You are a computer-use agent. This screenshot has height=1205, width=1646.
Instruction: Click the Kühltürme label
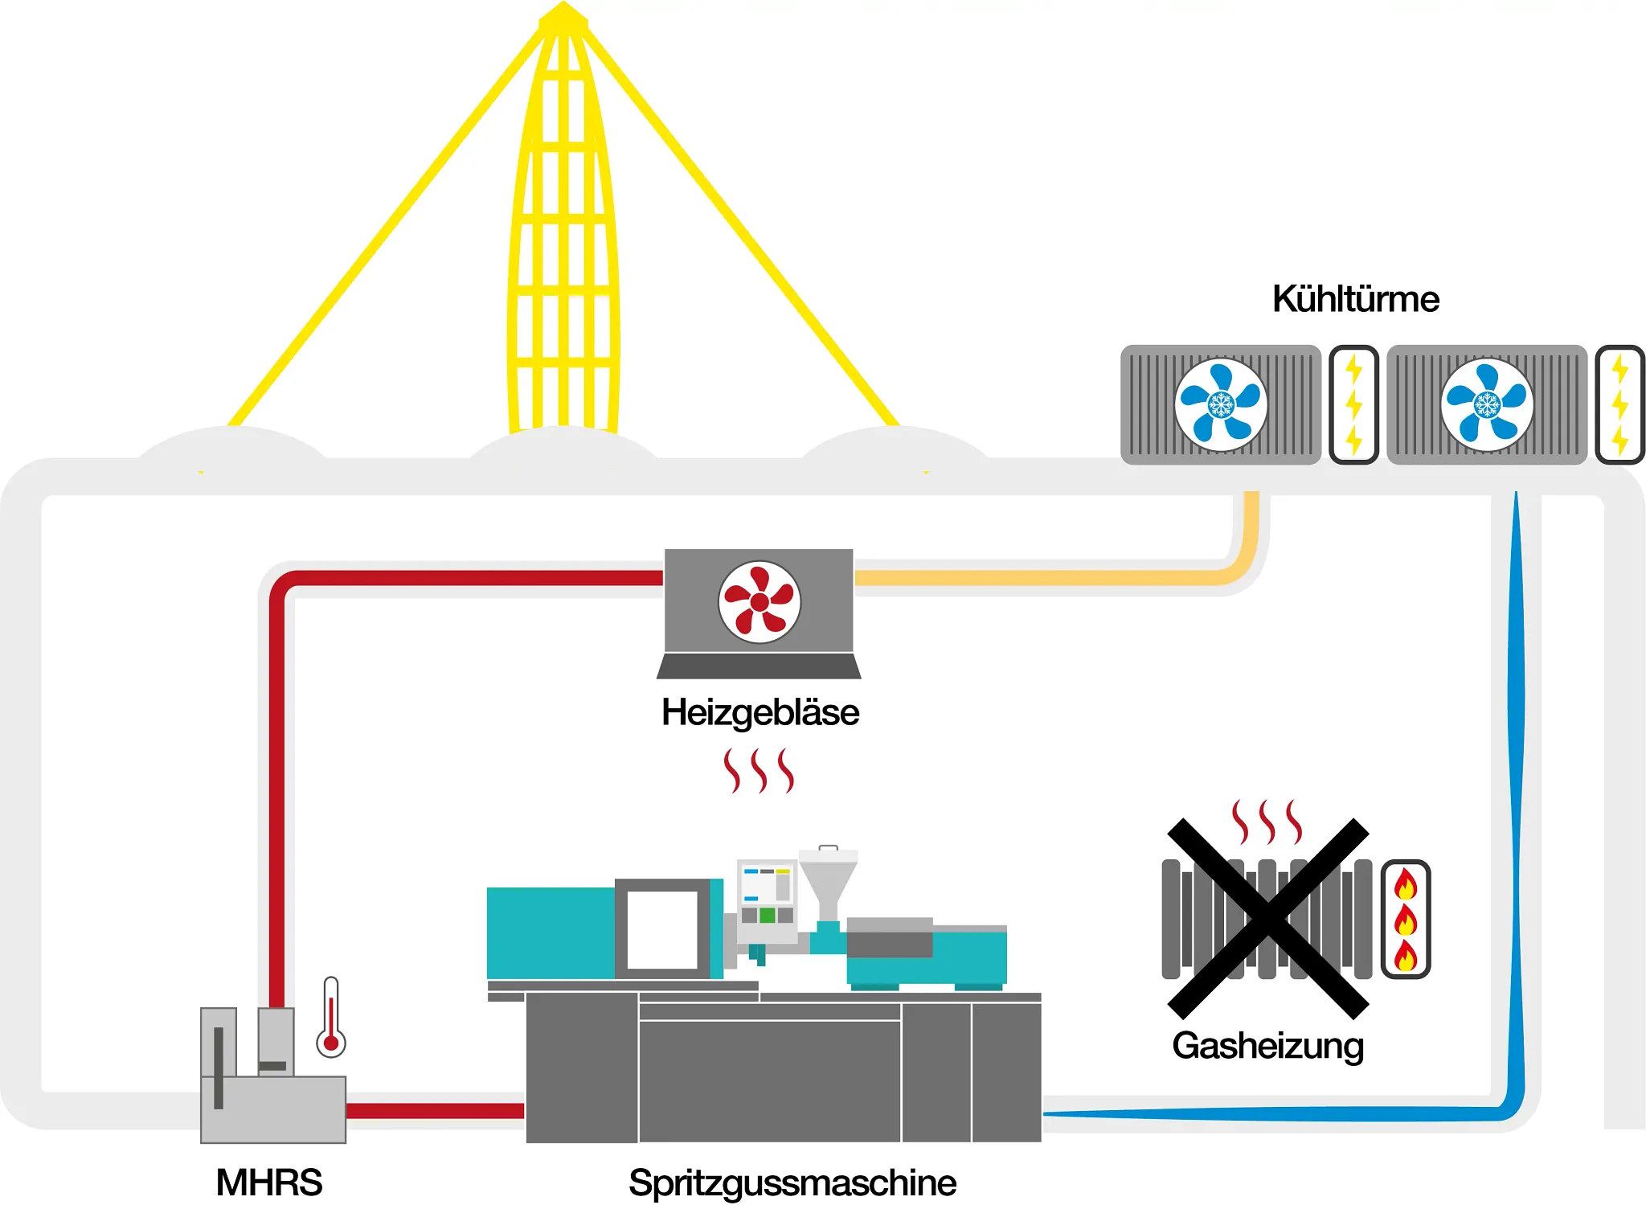pyautogui.click(x=1355, y=299)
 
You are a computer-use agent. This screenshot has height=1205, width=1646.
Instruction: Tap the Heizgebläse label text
pyautogui.click(x=760, y=712)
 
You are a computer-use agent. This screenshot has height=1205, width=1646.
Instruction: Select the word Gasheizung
pyautogui.click(x=1267, y=1046)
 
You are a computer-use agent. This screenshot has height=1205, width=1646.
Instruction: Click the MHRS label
pyautogui.click(x=268, y=1182)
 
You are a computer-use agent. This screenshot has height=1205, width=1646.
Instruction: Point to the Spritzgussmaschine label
pyautogui.click(x=792, y=1182)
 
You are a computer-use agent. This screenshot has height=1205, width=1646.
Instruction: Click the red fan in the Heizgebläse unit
pyautogui.click(x=759, y=601)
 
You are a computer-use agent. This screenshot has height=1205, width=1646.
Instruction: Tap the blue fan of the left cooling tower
pyautogui.click(x=1221, y=404)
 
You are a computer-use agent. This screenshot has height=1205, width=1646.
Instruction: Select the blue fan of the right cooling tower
pyautogui.click(x=1487, y=404)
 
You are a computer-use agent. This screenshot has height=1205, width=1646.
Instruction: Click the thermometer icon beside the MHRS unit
pyautogui.click(x=330, y=1018)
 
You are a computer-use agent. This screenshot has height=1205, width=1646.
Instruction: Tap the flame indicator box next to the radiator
pyautogui.click(x=1406, y=919)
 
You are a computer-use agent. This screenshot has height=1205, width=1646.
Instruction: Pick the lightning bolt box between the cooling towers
pyautogui.click(x=1354, y=404)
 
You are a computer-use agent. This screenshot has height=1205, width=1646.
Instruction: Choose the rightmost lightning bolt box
pyautogui.click(x=1619, y=404)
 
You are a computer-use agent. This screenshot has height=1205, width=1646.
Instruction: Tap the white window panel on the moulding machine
pyautogui.click(x=661, y=929)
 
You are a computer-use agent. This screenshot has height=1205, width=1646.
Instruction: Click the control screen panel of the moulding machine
pyautogui.click(x=767, y=892)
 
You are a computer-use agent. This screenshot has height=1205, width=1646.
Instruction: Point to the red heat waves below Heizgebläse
pyautogui.click(x=759, y=770)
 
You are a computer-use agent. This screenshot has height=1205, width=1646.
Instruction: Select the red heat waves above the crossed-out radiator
pyautogui.click(x=1267, y=822)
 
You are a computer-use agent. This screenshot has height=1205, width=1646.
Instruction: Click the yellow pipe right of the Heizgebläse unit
pyautogui.click(x=1045, y=577)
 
